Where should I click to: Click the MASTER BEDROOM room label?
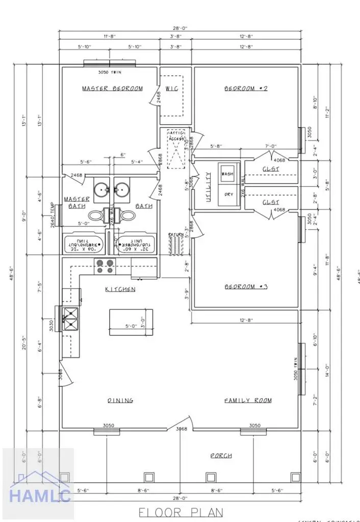pyautogui.click(x=113, y=89)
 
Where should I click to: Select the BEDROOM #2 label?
pyautogui.click(x=246, y=89)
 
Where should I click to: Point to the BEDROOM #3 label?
pyautogui.click(x=246, y=287)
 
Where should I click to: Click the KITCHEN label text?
pyautogui.click(x=120, y=290)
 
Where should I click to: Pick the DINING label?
pyautogui.click(x=120, y=401)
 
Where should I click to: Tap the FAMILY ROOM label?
pyautogui.click(x=248, y=401)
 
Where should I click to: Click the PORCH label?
pyautogui.click(x=221, y=455)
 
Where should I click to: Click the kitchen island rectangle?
pyautogui.click(x=131, y=322)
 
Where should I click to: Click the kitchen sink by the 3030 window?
pyautogui.click(x=69, y=320)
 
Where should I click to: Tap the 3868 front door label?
pyautogui.click(x=182, y=429)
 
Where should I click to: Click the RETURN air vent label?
pyautogui.click(x=175, y=235)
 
